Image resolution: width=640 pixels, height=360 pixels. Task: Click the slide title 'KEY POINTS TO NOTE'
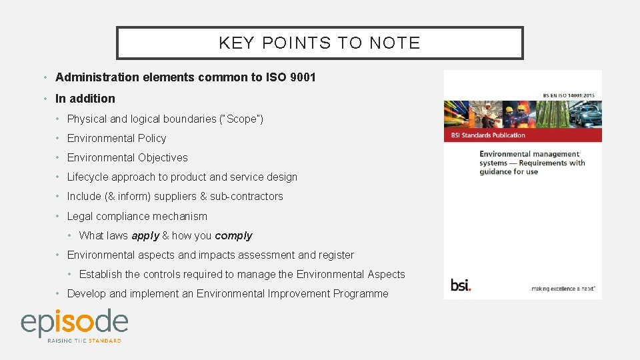(x=319, y=43)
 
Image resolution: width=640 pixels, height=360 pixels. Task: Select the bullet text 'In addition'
(x=85, y=99)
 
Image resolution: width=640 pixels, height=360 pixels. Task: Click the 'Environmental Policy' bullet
(x=117, y=139)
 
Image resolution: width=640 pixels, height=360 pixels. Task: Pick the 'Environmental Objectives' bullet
(x=127, y=158)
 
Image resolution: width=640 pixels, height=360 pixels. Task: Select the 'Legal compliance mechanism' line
(x=137, y=216)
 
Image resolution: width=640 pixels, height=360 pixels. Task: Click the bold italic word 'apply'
(x=145, y=235)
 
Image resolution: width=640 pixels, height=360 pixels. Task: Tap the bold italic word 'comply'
(x=233, y=235)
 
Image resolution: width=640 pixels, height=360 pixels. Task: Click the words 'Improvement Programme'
(x=328, y=293)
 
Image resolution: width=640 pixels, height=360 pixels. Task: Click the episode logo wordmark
(x=74, y=322)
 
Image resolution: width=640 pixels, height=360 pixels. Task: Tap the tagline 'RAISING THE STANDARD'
(x=84, y=341)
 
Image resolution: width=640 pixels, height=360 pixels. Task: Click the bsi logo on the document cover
(x=461, y=285)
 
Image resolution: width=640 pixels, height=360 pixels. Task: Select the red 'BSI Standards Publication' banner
(x=523, y=135)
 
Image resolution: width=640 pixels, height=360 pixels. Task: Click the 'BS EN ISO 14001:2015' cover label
(x=569, y=95)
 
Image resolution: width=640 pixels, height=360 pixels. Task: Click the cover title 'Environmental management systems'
(x=531, y=159)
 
